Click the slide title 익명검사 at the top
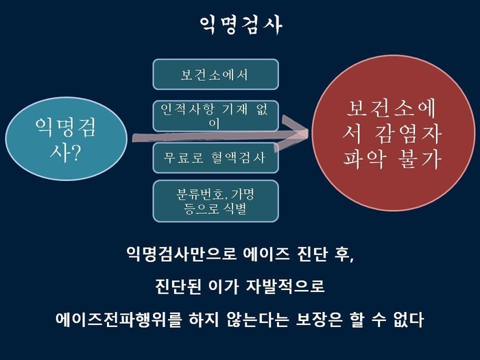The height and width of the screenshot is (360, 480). tap(241, 25)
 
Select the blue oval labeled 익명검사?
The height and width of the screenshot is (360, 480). tap(66, 139)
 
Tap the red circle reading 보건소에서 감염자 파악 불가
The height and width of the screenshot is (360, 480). tap(394, 133)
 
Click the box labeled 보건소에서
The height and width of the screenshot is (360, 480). tap(215, 74)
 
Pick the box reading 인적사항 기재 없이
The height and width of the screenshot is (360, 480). tap(215, 116)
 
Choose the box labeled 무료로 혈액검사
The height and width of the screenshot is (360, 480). tap(215, 158)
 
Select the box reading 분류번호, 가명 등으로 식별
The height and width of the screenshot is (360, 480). tap(215, 201)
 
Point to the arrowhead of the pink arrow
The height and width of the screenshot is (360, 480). tap(307, 132)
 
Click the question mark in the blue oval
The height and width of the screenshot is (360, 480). tap(75, 153)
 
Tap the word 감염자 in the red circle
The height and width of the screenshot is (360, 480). tap(408, 134)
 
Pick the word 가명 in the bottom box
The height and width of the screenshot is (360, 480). tap(243, 194)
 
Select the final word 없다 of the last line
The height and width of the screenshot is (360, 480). tap(409, 320)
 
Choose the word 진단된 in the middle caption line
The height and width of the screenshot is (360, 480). tap(178, 287)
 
